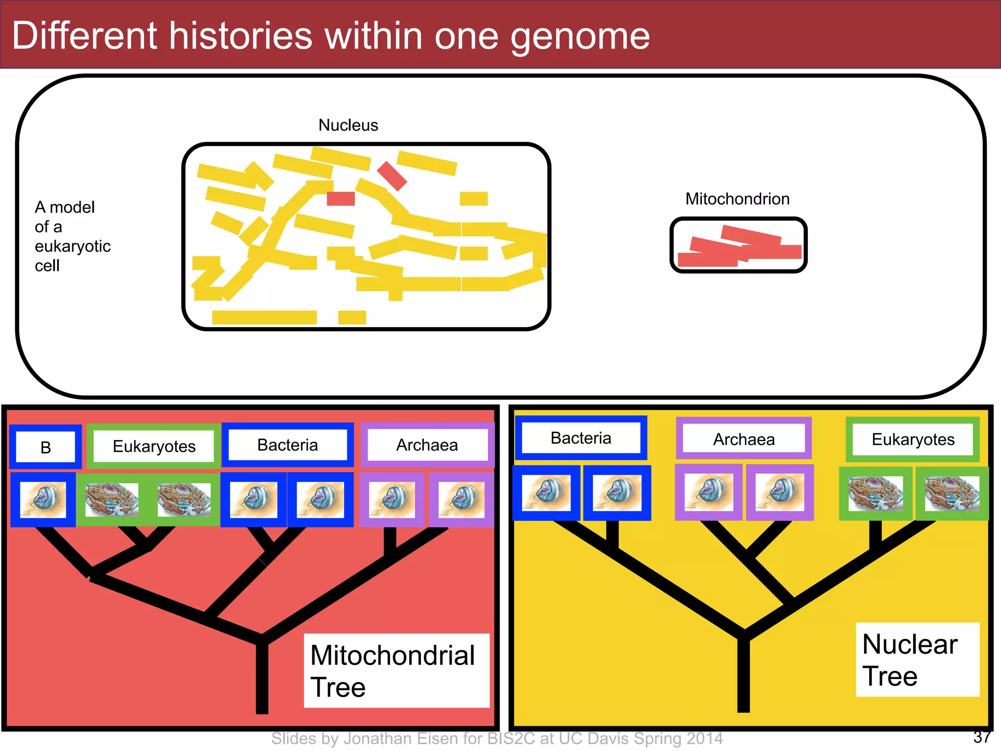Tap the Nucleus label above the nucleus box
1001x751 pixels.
[348, 125]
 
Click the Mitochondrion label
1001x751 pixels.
[737, 199]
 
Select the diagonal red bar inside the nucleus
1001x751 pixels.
[392, 176]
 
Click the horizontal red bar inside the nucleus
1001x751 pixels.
[341, 199]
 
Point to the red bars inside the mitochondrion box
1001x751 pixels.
[738, 248]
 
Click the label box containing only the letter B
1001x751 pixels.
[45, 447]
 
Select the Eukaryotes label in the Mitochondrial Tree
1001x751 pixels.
[154, 446]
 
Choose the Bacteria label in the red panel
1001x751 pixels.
[287, 445]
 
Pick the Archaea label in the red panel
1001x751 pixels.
[427, 445]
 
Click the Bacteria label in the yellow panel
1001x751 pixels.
[581, 438]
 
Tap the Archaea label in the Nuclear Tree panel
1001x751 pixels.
[743, 439]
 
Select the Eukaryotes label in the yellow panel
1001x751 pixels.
[913, 439]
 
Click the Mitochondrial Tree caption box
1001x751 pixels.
[396, 670]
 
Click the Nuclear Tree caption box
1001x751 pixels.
[917, 660]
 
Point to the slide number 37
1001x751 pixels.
[981, 736]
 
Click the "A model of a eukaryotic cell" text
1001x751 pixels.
[72, 236]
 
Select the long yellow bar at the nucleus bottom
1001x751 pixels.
[264, 317]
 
